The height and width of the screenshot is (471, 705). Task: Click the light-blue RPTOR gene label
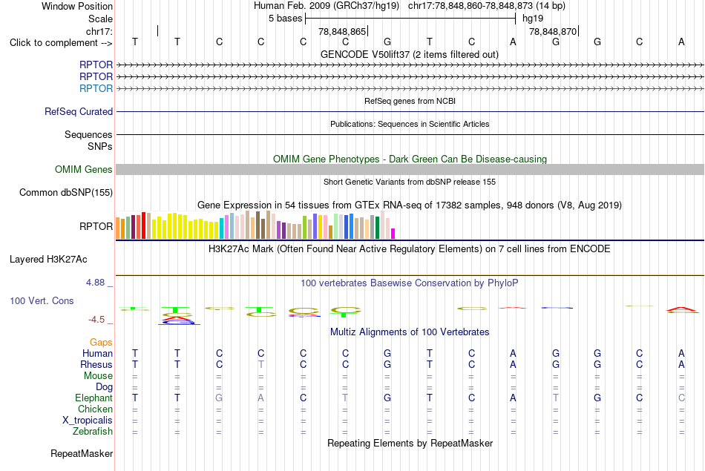pyautogui.click(x=96, y=88)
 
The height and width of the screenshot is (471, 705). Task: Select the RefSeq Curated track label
pyautogui.click(x=79, y=111)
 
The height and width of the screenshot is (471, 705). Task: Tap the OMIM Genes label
pyautogui.click(x=84, y=169)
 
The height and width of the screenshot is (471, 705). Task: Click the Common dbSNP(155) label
pyautogui.click(x=66, y=192)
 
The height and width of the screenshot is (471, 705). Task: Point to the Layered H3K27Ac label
pyautogui.click(x=48, y=260)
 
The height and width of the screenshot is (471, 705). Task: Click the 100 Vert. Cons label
pyautogui.click(x=42, y=300)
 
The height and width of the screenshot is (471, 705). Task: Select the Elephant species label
pyautogui.click(x=94, y=398)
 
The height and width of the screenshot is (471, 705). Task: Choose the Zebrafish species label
pyautogui.click(x=93, y=431)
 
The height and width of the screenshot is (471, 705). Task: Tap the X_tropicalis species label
pyautogui.click(x=88, y=421)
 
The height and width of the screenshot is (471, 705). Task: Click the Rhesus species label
pyautogui.click(x=96, y=364)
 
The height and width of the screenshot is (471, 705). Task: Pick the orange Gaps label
pyautogui.click(x=101, y=343)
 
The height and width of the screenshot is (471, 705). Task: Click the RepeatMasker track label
pyautogui.click(x=82, y=453)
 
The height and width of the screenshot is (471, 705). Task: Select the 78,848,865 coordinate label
pyautogui.click(x=342, y=31)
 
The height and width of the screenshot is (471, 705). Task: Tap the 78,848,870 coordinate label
pyautogui.click(x=553, y=31)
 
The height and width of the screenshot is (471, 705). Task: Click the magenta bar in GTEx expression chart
pyautogui.click(x=393, y=234)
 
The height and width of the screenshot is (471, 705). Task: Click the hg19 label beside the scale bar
pyautogui.click(x=533, y=19)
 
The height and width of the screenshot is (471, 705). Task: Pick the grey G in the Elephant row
pyautogui.click(x=219, y=398)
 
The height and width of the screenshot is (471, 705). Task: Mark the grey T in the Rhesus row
pyautogui.click(x=260, y=364)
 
